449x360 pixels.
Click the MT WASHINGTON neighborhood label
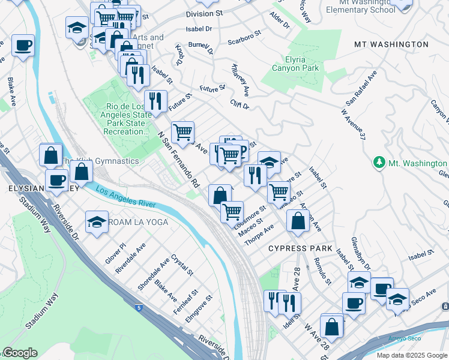tap(391, 45)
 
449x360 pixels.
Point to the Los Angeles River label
tap(125, 198)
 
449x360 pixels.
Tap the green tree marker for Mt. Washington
tap(379, 163)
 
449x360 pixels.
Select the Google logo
tap(19, 353)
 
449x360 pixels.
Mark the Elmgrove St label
tap(199, 308)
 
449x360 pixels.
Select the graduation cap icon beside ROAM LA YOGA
tap(96, 222)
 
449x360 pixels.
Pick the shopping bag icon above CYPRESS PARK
tap(298, 221)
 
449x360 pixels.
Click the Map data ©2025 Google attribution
tap(411, 355)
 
